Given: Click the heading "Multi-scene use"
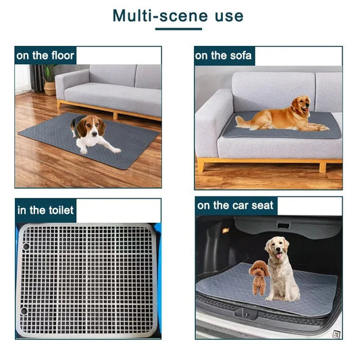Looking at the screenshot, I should pyautogui.click(x=178, y=15).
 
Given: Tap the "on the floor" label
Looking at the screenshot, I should pyautogui.click(x=45, y=55).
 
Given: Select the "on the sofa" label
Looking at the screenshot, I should pyautogui.click(x=224, y=55).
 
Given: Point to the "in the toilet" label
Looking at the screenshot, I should pyautogui.click(x=45, y=209).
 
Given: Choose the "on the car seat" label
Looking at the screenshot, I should pyautogui.click(x=235, y=205).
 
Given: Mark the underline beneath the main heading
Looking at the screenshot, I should pyautogui.click(x=178, y=29).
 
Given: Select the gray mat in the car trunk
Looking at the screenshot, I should pyautogui.click(x=223, y=287).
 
